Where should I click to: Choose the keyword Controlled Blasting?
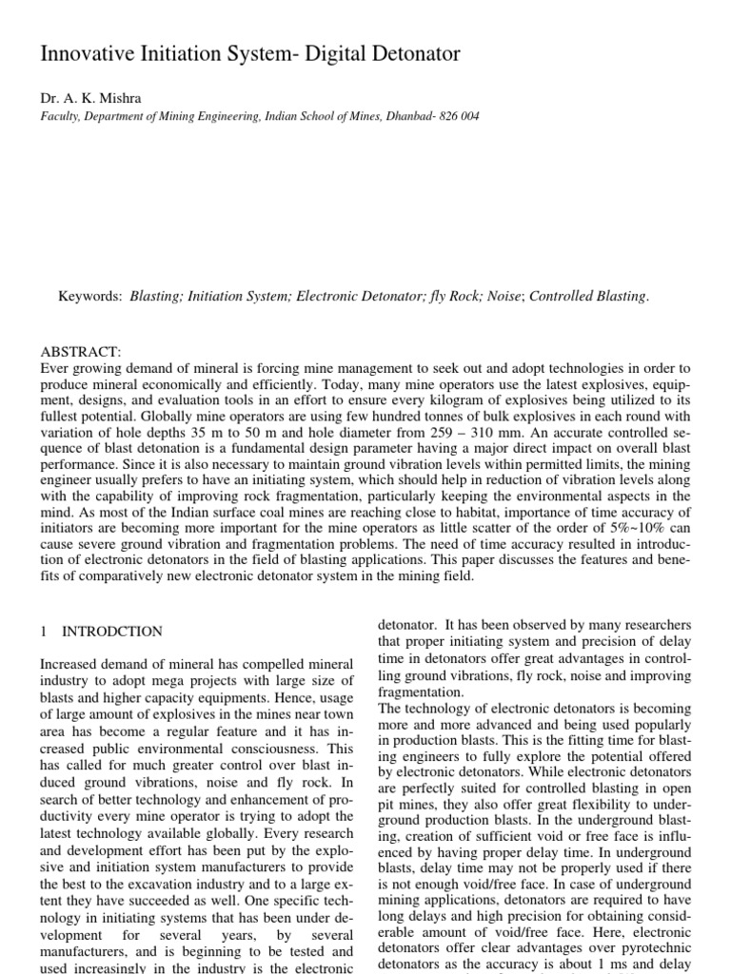pyautogui.click(x=588, y=297)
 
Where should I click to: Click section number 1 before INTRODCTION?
pyautogui.click(x=44, y=632)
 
